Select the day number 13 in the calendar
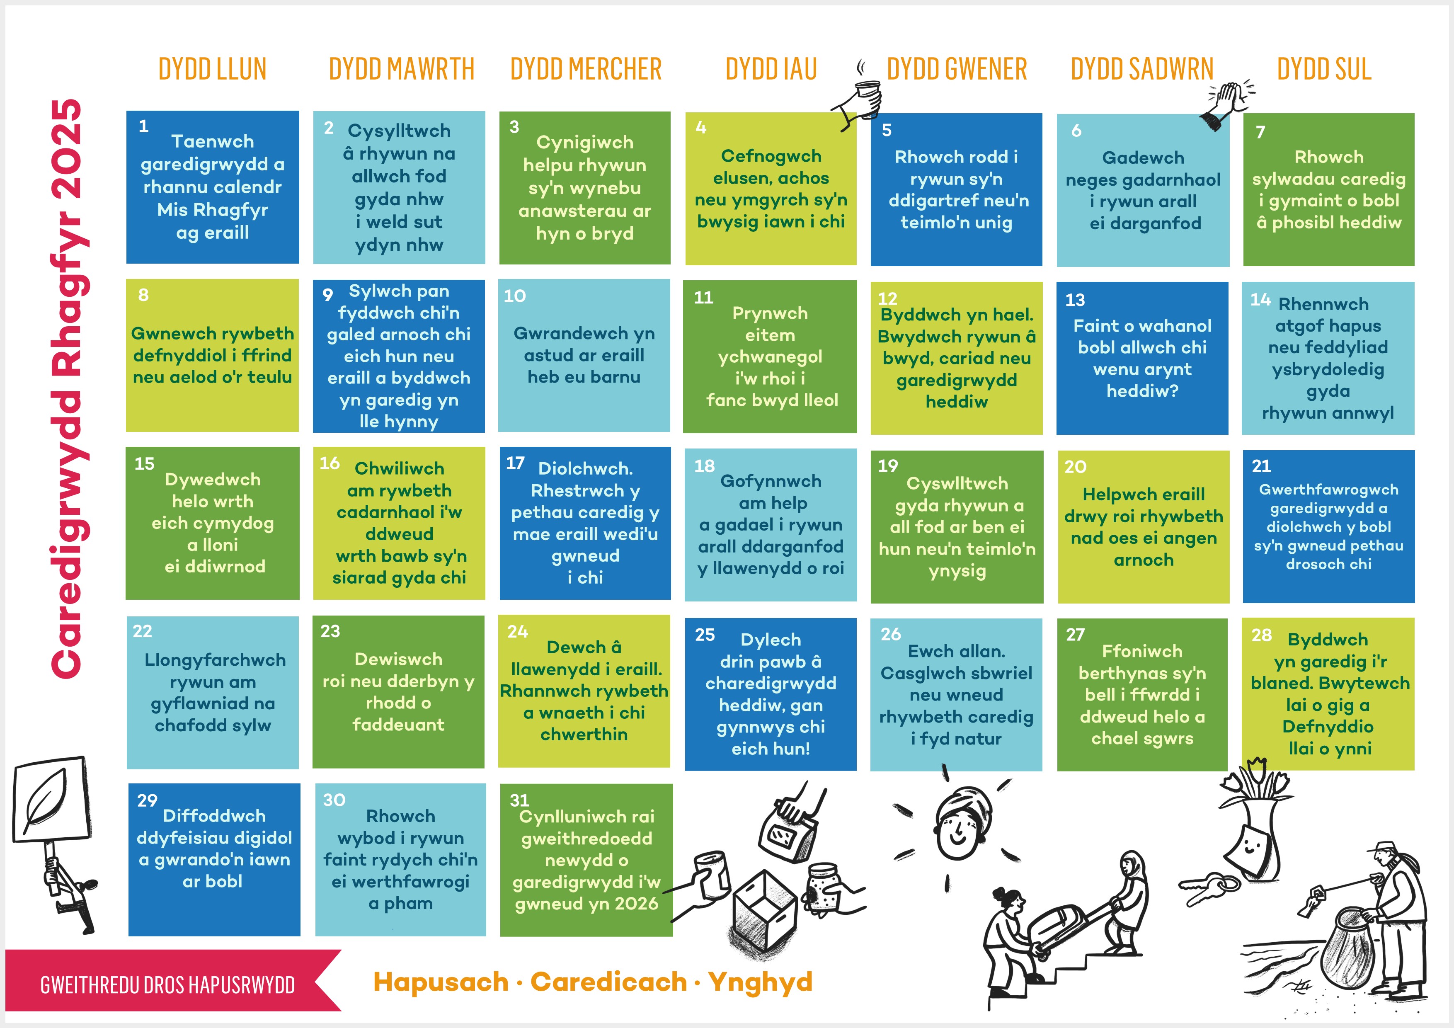coord(1075,300)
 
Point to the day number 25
coord(705,635)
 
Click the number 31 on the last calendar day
coord(519,800)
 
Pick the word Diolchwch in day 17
coord(585,469)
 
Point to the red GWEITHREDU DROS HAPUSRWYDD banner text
coord(167,985)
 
